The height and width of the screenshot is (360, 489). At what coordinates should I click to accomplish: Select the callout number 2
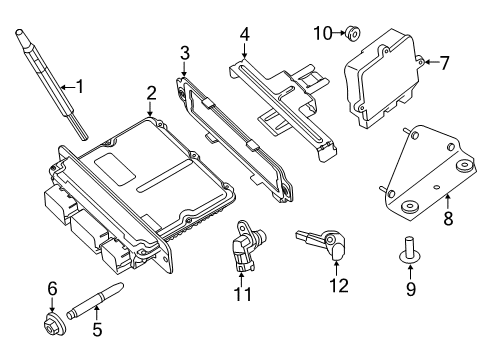151,93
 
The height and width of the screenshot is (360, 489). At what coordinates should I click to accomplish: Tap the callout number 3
184,52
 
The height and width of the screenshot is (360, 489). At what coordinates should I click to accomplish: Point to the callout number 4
244,36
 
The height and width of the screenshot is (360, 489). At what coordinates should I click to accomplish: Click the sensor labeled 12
321,244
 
